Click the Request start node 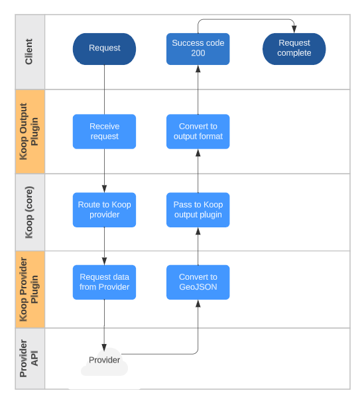click(x=104, y=48)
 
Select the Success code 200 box click(x=198, y=48)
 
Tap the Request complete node click(x=294, y=48)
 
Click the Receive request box click(x=104, y=131)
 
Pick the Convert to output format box click(x=198, y=131)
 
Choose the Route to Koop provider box click(x=104, y=209)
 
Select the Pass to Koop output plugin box click(x=198, y=209)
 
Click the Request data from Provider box click(x=104, y=282)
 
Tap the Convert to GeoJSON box click(x=198, y=282)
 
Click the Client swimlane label click(x=29, y=51)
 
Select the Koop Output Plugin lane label click(x=29, y=131)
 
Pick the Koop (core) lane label click(x=29, y=212)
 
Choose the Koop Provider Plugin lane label click(x=29, y=289)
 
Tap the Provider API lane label click(x=29, y=358)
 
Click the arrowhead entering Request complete click(x=294, y=30)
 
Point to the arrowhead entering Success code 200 click(x=198, y=68)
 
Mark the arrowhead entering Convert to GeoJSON click(x=198, y=302)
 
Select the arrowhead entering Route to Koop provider click(x=104, y=189)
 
